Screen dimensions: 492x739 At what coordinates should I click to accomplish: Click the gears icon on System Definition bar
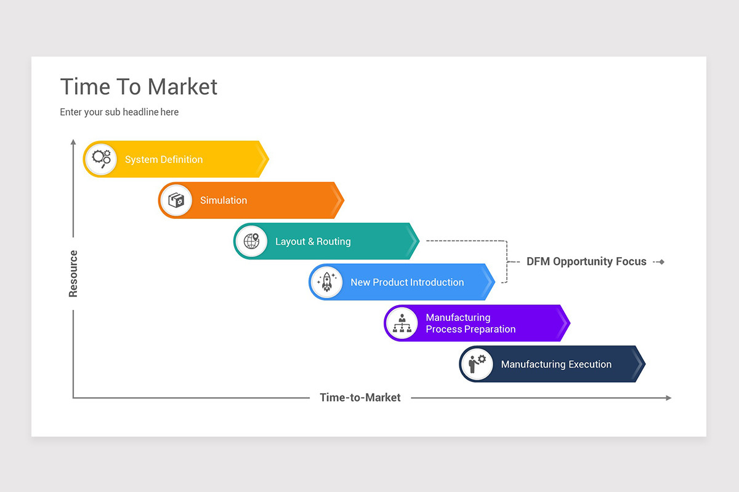tap(101, 159)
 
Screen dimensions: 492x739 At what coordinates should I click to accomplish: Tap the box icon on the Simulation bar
tap(176, 200)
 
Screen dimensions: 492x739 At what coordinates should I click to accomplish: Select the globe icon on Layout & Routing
tap(251, 241)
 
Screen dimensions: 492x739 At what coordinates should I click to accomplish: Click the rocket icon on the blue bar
tap(326, 282)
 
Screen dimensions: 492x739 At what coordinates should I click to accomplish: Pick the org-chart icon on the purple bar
tap(402, 323)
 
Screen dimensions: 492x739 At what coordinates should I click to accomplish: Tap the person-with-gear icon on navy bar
tap(477, 363)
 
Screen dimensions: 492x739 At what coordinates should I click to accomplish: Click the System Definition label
tap(163, 159)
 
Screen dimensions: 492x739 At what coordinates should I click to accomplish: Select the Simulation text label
tap(223, 200)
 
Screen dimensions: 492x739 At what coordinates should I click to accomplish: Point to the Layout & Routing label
tap(313, 242)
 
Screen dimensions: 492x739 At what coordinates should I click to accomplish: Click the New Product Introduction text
tap(406, 282)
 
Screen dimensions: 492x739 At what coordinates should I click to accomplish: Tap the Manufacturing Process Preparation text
tap(470, 323)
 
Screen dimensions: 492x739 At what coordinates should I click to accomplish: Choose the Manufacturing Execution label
tap(555, 364)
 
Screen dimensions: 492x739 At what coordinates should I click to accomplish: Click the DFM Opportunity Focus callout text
tap(586, 261)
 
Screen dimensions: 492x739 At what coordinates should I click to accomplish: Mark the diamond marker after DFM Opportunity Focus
tap(661, 262)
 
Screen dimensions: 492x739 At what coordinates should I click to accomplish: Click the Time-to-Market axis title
tap(360, 397)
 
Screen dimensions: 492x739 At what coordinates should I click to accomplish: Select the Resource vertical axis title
tap(73, 274)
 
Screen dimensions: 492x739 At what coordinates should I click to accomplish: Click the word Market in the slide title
tap(182, 87)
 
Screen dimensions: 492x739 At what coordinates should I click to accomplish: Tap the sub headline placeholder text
tap(119, 112)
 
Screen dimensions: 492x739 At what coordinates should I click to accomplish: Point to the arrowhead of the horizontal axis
tap(668, 398)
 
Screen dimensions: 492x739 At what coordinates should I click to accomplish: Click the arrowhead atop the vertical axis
tap(73, 142)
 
